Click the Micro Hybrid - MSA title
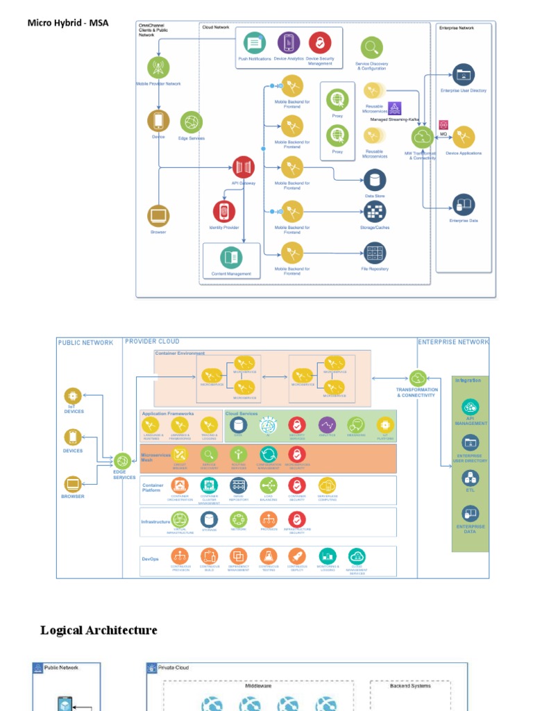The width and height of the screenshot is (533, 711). pyautogui.click(x=68, y=23)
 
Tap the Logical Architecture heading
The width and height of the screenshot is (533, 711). pyautogui.click(x=99, y=630)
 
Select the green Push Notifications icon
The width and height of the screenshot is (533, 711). pyautogui.click(x=255, y=44)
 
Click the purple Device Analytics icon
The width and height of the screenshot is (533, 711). pyautogui.click(x=289, y=43)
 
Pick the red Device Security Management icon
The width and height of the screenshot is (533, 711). pyautogui.click(x=320, y=43)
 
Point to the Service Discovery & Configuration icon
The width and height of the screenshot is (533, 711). pyautogui.click(x=372, y=48)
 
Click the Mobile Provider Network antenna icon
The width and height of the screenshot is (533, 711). pyautogui.click(x=158, y=68)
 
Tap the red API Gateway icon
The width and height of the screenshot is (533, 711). pyautogui.click(x=244, y=167)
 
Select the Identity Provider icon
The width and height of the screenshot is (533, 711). pyautogui.click(x=224, y=212)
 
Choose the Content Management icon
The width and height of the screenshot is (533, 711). pyautogui.click(x=232, y=258)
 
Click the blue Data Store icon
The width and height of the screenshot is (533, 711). pyautogui.click(x=375, y=181)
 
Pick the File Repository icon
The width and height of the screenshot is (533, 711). pyautogui.click(x=375, y=253)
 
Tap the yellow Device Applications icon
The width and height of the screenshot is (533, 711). pyautogui.click(x=464, y=137)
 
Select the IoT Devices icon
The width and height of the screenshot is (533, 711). pyautogui.click(x=74, y=396)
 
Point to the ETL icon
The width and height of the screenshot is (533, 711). pyautogui.click(x=471, y=478)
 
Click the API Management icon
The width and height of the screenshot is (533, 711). pyautogui.click(x=471, y=408)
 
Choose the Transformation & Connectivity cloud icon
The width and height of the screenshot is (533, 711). pyautogui.click(x=418, y=378)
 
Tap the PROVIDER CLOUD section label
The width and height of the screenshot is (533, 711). pyautogui.click(x=152, y=342)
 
